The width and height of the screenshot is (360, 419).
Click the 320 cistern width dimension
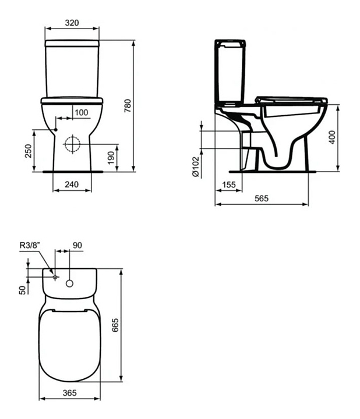tap(72, 23)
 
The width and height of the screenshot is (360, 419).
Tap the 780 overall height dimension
tap(128, 105)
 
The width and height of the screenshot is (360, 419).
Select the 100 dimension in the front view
tap(82, 112)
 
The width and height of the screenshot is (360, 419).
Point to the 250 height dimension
tap(29, 151)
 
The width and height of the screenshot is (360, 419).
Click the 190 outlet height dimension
tap(111, 158)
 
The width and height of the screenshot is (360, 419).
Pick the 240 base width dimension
tap(72, 184)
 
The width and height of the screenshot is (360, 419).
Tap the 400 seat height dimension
tap(332, 137)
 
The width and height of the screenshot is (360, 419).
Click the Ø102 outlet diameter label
tap(196, 166)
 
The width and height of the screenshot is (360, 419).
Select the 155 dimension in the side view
tap(229, 184)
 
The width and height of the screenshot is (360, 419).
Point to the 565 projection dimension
tap(262, 198)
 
